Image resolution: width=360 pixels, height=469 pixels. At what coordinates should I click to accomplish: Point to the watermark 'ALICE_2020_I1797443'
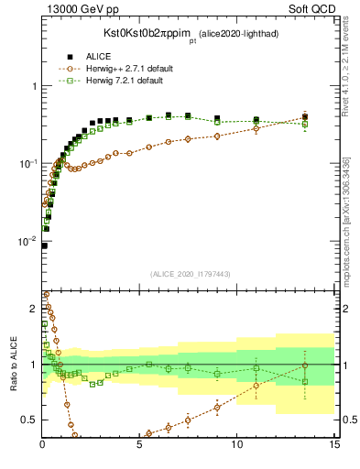tap(190, 273)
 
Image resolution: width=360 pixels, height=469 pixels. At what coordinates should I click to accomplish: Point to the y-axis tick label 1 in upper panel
tap(33, 86)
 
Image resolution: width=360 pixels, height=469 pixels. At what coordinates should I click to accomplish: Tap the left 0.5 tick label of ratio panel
tap(29, 420)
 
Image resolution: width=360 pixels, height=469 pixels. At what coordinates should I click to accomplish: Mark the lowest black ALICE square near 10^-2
tap(44, 245)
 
